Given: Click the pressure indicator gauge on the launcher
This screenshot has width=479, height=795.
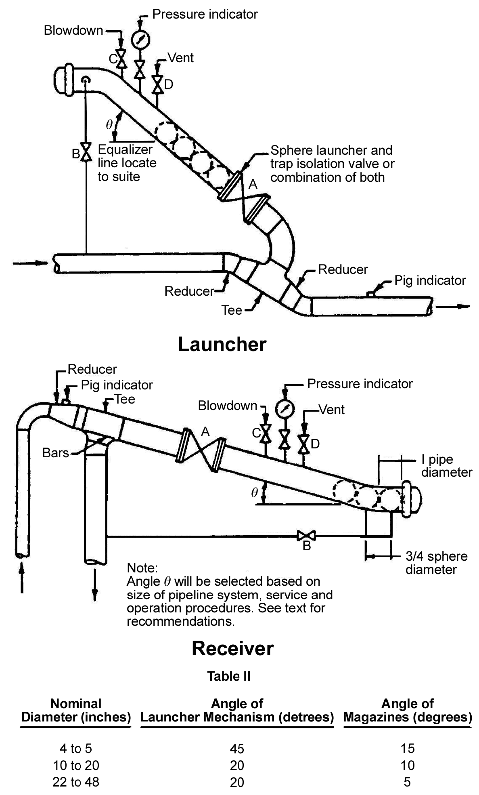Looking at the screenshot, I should coord(140,39).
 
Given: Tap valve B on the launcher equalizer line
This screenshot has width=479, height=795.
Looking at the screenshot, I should coord(86,152).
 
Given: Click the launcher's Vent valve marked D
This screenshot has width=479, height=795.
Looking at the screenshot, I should coord(157,84).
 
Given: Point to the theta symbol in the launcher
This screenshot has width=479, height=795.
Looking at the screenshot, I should coord(109,124).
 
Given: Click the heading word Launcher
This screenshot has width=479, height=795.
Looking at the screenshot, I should coord(222,345).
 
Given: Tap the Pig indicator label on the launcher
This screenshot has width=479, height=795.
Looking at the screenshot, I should coord(430,280).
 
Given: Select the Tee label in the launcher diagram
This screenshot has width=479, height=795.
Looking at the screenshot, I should coord(232,310).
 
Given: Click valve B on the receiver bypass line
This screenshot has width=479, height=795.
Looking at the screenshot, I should coord(306,536).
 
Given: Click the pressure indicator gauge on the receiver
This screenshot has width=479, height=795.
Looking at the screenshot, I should coord(285,409).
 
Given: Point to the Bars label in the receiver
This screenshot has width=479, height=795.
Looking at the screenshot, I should coord(56,453).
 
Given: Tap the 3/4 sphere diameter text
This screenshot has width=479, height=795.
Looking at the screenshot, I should coord(436,563).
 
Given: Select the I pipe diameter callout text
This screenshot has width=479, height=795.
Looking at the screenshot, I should coord(446,466).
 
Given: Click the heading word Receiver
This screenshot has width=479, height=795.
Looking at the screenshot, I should coord(232,648).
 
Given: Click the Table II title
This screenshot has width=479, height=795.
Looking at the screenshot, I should coord(228,676).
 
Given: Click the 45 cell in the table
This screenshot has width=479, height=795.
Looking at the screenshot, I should coord(237,749).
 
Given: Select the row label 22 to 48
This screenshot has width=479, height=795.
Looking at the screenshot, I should coord(75,782).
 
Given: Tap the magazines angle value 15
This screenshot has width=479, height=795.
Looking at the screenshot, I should coord(407,748).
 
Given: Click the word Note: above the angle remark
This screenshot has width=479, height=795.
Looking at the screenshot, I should coord(141,568).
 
